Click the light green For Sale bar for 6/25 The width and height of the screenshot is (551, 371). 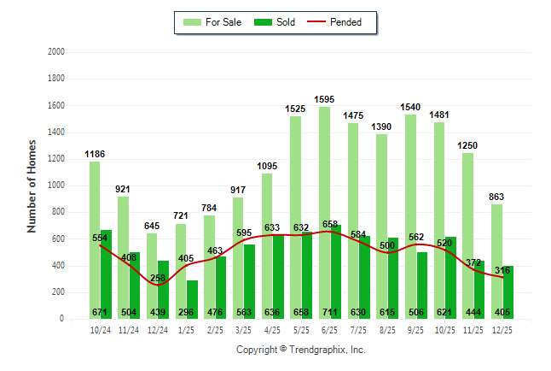(x=324, y=214)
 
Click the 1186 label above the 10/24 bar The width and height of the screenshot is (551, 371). (x=95, y=154)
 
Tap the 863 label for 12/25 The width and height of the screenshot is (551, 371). (x=496, y=197)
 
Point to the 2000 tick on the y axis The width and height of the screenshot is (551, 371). (x=56, y=52)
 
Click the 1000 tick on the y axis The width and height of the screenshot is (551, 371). (x=56, y=185)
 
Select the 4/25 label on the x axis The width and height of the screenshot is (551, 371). (x=272, y=329)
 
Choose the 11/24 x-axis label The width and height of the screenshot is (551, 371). (x=129, y=329)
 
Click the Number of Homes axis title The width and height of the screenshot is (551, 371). (x=32, y=185)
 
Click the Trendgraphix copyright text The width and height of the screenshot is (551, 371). (x=300, y=350)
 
